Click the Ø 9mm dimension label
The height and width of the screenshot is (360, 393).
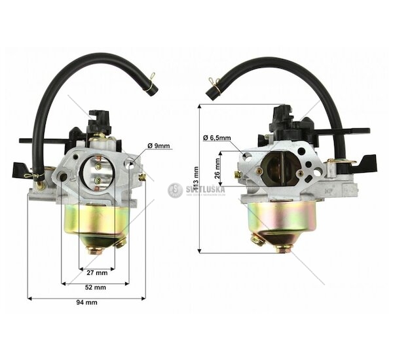coord(159,146)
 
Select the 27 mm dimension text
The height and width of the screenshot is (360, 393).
coord(97,272)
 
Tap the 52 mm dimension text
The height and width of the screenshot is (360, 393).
coord(95,287)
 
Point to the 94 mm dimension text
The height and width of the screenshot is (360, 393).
coord(86,302)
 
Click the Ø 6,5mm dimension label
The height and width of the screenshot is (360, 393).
coord(217,138)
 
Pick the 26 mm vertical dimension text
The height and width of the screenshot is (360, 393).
coord(217,168)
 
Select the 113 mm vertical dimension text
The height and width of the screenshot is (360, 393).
coord(196,179)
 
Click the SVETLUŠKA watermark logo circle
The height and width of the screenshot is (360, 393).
coord(175,190)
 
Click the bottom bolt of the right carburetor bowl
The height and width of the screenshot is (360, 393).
coord(284,249)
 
